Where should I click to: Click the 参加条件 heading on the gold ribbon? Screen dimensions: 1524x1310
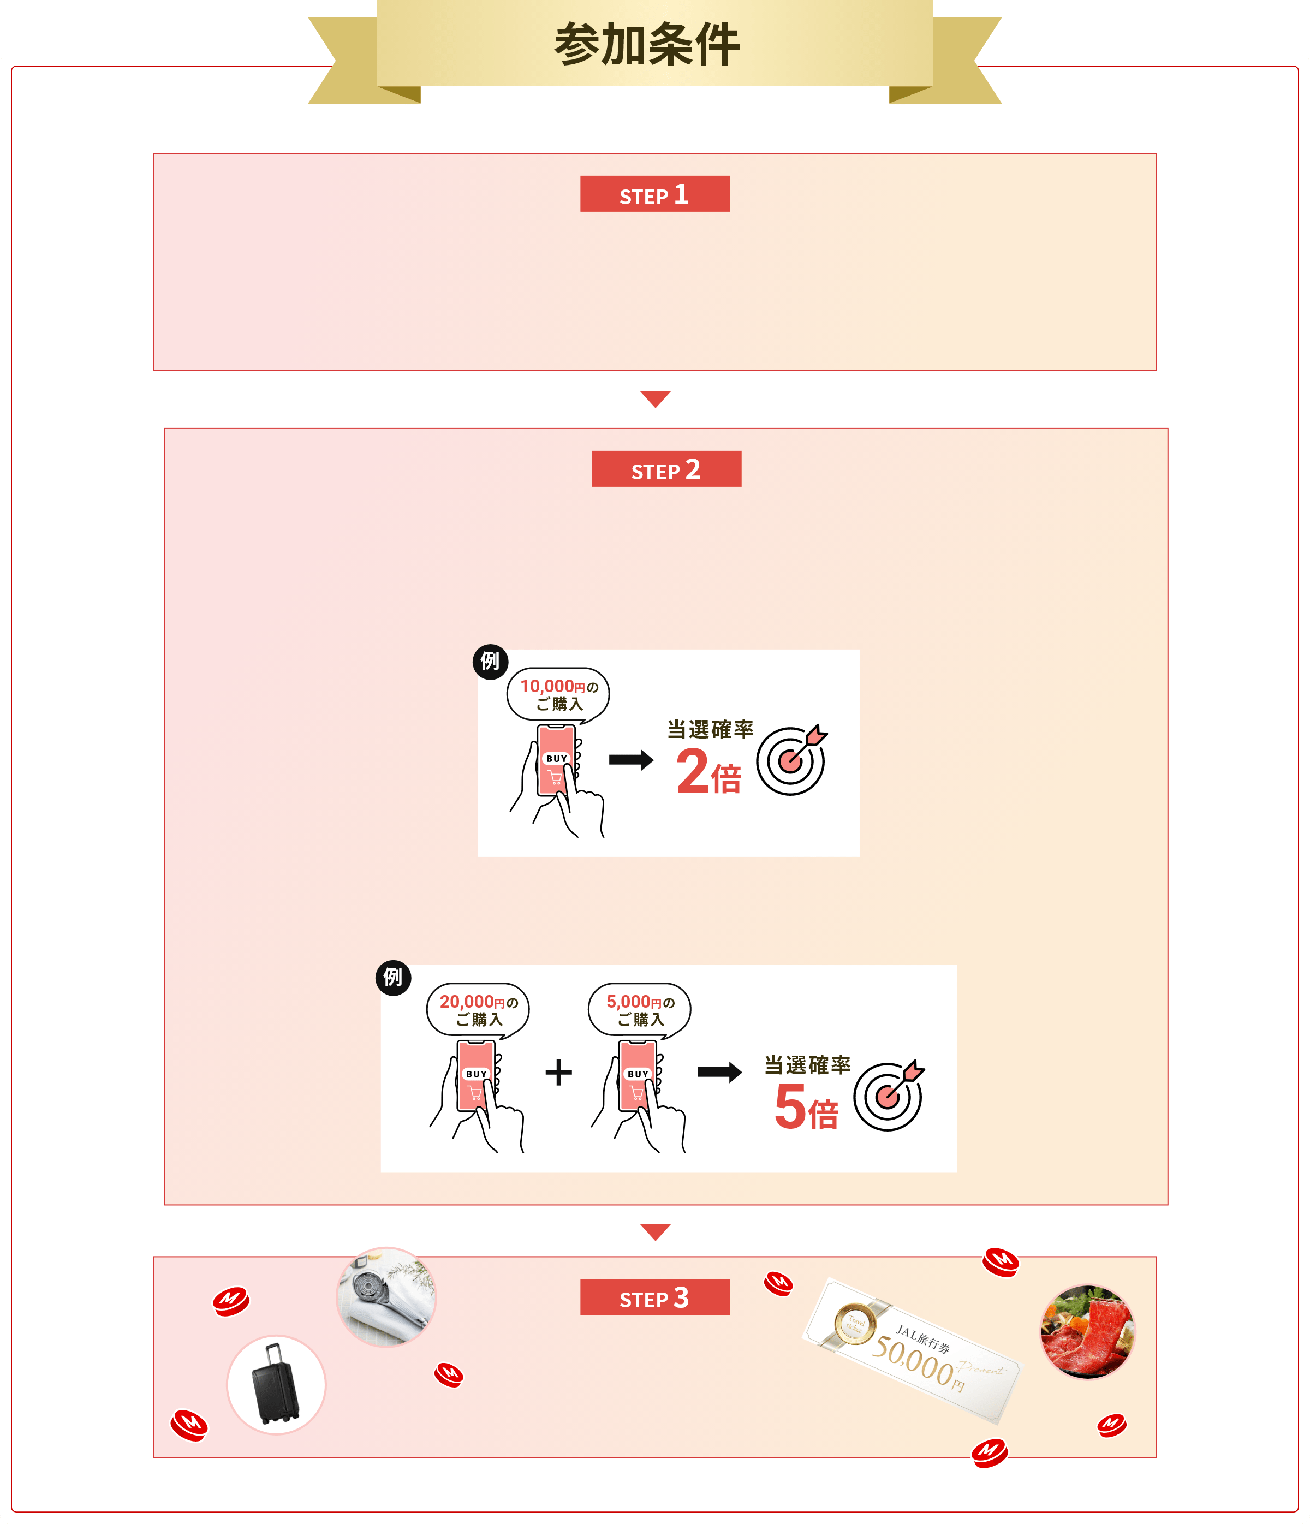tap(647, 44)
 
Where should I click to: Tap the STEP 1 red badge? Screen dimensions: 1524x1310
tap(654, 194)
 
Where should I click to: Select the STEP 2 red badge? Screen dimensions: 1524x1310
tap(666, 469)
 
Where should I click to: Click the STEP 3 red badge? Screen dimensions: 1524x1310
tap(654, 1297)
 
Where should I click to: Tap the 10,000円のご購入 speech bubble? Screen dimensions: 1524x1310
tap(558, 695)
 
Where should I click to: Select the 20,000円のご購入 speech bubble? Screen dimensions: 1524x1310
tap(478, 1010)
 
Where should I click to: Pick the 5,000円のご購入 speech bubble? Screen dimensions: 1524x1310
tap(639, 1010)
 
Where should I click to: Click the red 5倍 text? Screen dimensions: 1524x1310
tap(806, 1106)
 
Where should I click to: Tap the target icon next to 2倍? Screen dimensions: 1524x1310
tap(791, 760)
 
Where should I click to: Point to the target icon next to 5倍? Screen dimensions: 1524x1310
tap(889, 1096)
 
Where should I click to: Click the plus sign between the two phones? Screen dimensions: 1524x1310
tap(558, 1073)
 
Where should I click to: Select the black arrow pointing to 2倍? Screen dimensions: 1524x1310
tap(631, 760)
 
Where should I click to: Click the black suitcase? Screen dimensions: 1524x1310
tap(276, 1384)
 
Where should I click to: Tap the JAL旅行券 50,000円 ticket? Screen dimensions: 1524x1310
tap(912, 1350)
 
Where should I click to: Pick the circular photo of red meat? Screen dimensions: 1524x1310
tap(1087, 1332)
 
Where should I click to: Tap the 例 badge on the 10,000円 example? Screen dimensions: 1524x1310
tap(490, 661)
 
